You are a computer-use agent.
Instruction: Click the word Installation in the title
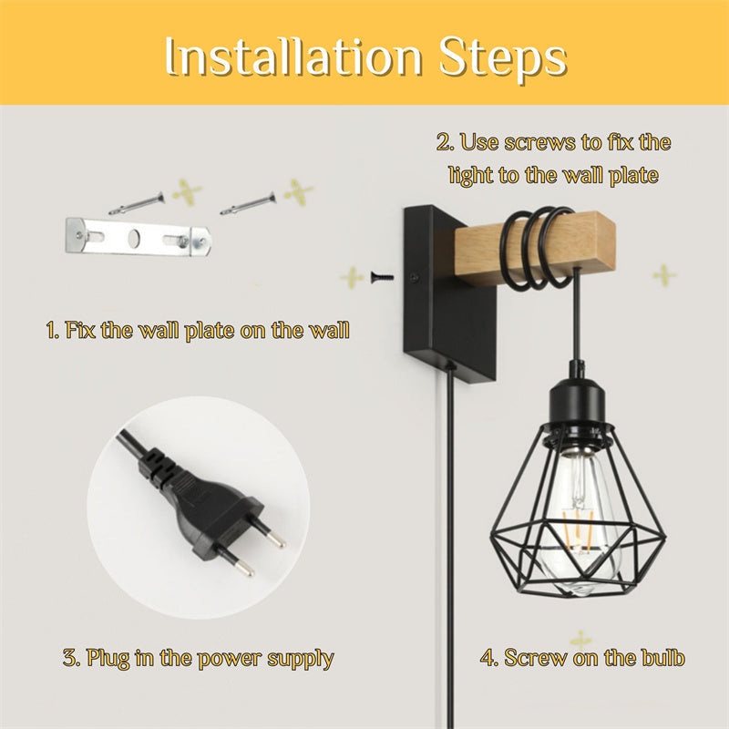[293, 57]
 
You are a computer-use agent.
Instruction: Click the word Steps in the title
[503, 58]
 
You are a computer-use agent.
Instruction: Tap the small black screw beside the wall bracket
[382, 278]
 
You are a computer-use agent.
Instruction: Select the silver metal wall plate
[139, 238]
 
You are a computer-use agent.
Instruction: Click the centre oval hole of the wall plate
[133, 238]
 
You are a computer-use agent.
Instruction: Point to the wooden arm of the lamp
[535, 249]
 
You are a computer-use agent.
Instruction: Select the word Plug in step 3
[108, 659]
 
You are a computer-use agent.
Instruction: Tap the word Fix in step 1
[80, 330]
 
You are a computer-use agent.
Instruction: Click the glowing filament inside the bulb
[579, 529]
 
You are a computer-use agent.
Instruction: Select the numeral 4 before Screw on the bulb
[487, 658]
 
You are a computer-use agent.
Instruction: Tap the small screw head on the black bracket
[415, 278]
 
